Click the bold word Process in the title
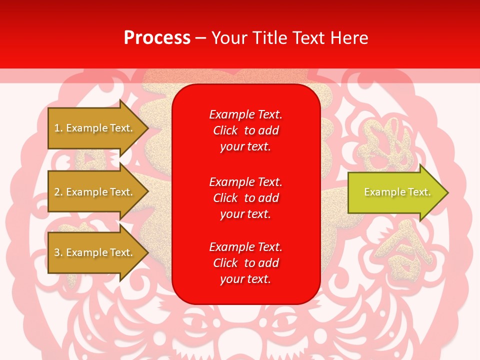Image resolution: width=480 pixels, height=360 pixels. click(157, 38)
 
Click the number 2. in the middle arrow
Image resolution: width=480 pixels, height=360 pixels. click(58, 192)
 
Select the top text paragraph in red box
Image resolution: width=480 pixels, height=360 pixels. click(245, 130)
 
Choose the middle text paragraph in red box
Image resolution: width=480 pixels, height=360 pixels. click(245, 198)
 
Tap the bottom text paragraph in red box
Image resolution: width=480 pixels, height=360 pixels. click(245, 263)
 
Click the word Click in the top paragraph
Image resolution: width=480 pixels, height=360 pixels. click(225, 130)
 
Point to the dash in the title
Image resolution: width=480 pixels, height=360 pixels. click(201, 38)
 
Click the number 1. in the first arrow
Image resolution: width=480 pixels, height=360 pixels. click(58, 128)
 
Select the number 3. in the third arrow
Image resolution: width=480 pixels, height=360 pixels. click(58, 252)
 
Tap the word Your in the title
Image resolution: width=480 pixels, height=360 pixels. click(227, 38)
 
